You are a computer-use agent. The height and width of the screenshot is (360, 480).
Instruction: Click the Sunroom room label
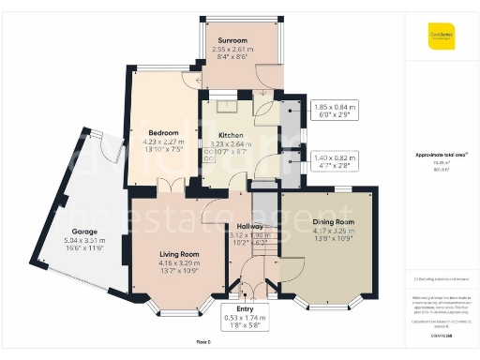click(232, 40)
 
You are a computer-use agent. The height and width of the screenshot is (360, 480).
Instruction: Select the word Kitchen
click(230, 134)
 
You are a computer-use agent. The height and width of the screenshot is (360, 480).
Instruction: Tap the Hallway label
click(249, 226)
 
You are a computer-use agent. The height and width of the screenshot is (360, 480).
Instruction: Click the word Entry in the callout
click(245, 308)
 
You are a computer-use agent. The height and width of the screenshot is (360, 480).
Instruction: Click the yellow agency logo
click(441, 35)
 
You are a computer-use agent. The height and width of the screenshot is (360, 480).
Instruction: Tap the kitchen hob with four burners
click(209, 152)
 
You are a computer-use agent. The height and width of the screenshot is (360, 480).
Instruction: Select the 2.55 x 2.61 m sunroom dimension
click(232, 50)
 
